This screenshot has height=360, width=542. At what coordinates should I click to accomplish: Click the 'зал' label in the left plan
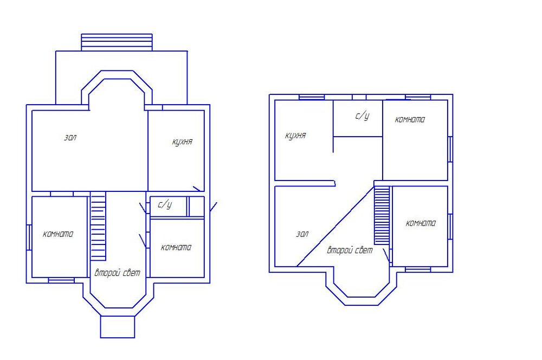70,137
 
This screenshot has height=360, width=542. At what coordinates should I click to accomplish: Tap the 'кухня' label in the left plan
182,142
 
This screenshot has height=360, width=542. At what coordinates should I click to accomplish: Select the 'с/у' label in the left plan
165,204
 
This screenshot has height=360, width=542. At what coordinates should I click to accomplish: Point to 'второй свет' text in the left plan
118,273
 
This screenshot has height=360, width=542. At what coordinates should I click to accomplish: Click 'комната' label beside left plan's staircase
58,234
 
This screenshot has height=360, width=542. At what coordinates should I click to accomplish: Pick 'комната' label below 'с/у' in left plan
176,247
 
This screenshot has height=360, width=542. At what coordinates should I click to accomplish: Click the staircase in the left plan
98,226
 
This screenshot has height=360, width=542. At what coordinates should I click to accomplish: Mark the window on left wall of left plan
29,237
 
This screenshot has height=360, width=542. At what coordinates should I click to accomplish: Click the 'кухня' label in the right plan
295,136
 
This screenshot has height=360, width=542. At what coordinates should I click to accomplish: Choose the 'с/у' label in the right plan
362,116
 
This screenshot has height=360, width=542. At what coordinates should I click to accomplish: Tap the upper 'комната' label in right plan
410,120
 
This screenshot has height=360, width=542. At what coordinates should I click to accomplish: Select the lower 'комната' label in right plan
421,223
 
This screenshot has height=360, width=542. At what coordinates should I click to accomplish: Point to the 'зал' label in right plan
302,234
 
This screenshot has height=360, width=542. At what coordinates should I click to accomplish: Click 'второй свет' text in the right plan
350,250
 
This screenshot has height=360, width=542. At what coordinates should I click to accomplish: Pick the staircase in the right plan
382,215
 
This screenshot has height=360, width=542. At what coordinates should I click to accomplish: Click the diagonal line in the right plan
335,227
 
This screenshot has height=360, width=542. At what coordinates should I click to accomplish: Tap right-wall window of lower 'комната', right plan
450,227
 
